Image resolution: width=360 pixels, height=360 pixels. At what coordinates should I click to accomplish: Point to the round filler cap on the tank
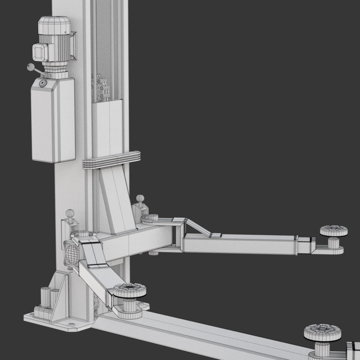pyautogui.click(x=43, y=83)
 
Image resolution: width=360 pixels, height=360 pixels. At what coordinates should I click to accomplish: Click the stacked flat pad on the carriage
pyautogui.click(x=111, y=160)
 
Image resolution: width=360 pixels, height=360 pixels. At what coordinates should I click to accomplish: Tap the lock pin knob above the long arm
pyautogui.click(x=140, y=199)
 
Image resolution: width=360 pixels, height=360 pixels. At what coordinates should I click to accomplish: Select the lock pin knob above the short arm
pyautogui.click(x=70, y=213)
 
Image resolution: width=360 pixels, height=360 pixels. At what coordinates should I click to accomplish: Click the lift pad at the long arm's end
pyautogui.click(x=334, y=230)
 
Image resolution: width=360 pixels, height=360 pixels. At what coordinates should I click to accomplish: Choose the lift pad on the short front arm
pyautogui.click(x=130, y=291)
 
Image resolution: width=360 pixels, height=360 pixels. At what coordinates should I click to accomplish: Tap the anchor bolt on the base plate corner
pyautogui.click(x=70, y=324)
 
